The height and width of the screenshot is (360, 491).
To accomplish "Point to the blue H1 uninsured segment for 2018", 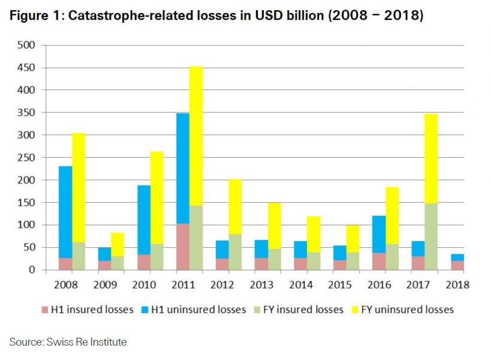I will point(457,257).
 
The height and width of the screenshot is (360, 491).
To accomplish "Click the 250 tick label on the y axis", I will point(27,158).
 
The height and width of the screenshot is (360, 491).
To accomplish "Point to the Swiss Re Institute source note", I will point(68,342).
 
